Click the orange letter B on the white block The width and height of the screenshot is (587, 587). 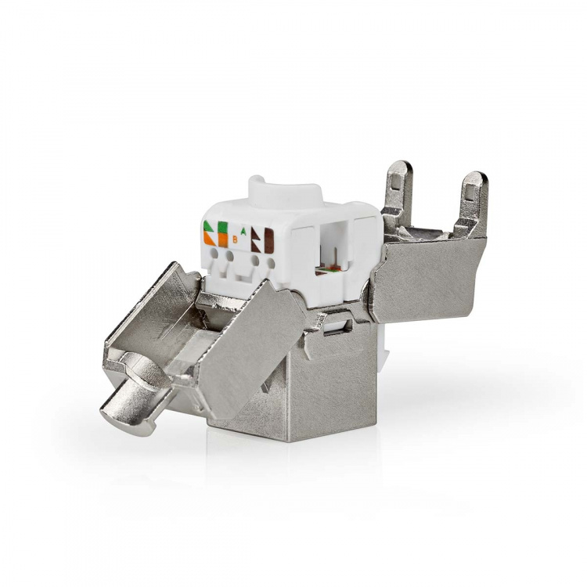235,240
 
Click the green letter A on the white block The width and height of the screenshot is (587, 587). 244,232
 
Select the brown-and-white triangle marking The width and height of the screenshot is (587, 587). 256,239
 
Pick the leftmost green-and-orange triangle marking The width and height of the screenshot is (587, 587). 210,232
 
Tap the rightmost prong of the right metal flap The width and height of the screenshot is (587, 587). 472,200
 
